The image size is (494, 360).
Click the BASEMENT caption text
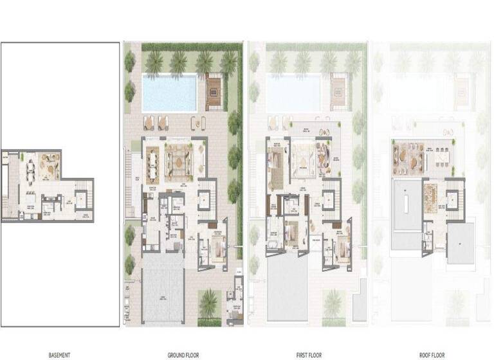coord(59,354)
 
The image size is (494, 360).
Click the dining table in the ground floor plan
coord(153,163)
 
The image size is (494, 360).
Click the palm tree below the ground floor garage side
coord(209,302)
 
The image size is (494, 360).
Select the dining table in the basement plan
coord(31,168)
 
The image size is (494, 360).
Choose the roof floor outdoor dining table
coord(441,156)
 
